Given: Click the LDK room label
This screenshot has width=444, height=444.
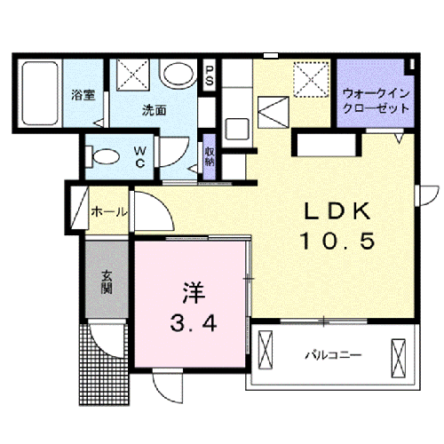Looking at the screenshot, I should click(x=334, y=212).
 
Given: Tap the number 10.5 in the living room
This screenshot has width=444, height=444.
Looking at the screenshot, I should click(x=334, y=240).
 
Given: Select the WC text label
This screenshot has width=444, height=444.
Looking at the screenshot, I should click(x=140, y=156).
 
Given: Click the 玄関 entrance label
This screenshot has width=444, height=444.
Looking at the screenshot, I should click(x=106, y=282).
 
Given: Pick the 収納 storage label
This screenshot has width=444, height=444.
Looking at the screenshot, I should click(x=210, y=156).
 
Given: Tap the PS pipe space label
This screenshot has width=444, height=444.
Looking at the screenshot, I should click(x=210, y=74).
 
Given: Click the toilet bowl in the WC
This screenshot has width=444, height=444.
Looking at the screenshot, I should click(x=104, y=157).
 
